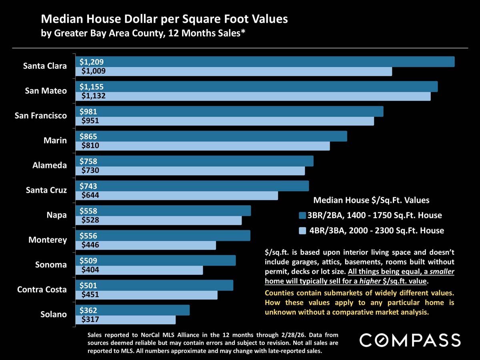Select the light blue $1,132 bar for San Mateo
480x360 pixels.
point(256,96)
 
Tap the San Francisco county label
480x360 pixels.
point(41,116)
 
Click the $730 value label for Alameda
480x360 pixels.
point(90,171)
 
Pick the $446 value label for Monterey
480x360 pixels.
point(90,245)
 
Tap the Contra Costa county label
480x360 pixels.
point(42,289)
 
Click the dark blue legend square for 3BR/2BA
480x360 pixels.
point(302,216)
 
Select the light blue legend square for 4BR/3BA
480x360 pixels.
point(302,230)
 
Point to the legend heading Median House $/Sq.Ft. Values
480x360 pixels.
point(371,200)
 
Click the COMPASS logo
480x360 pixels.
point(410,340)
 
